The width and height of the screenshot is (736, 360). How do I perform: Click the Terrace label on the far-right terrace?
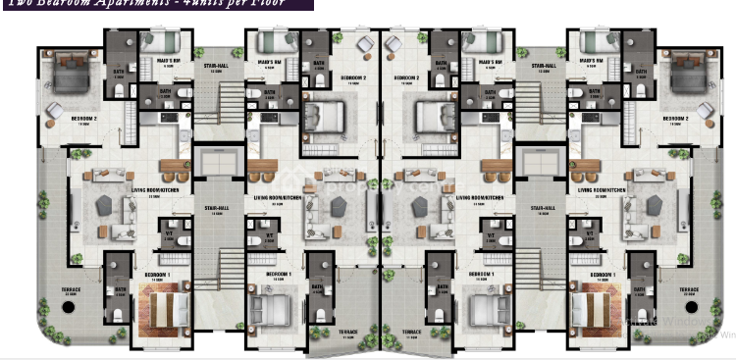click(689, 290)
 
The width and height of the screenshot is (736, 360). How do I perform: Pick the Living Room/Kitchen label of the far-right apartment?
click(601, 189)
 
